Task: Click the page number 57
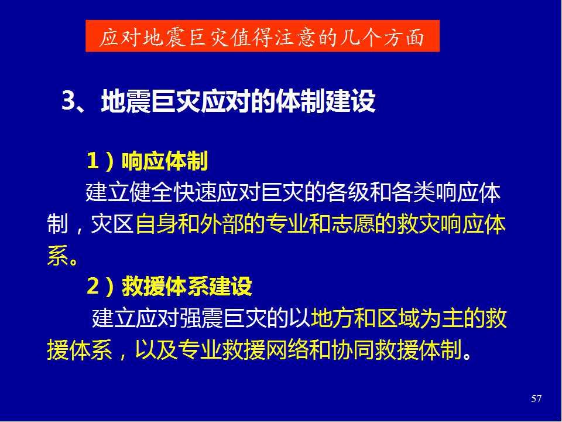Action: (536, 399)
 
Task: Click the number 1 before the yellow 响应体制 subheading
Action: (93, 161)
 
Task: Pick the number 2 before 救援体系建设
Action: (93, 286)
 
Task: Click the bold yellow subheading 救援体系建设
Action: (187, 287)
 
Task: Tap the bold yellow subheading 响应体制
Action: (165, 161)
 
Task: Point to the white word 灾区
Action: (112, 224)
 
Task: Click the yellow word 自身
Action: (156, 224)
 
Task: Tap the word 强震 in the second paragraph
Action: (201, 318)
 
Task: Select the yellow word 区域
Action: (399, 318)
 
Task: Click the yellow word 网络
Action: (287, 350)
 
